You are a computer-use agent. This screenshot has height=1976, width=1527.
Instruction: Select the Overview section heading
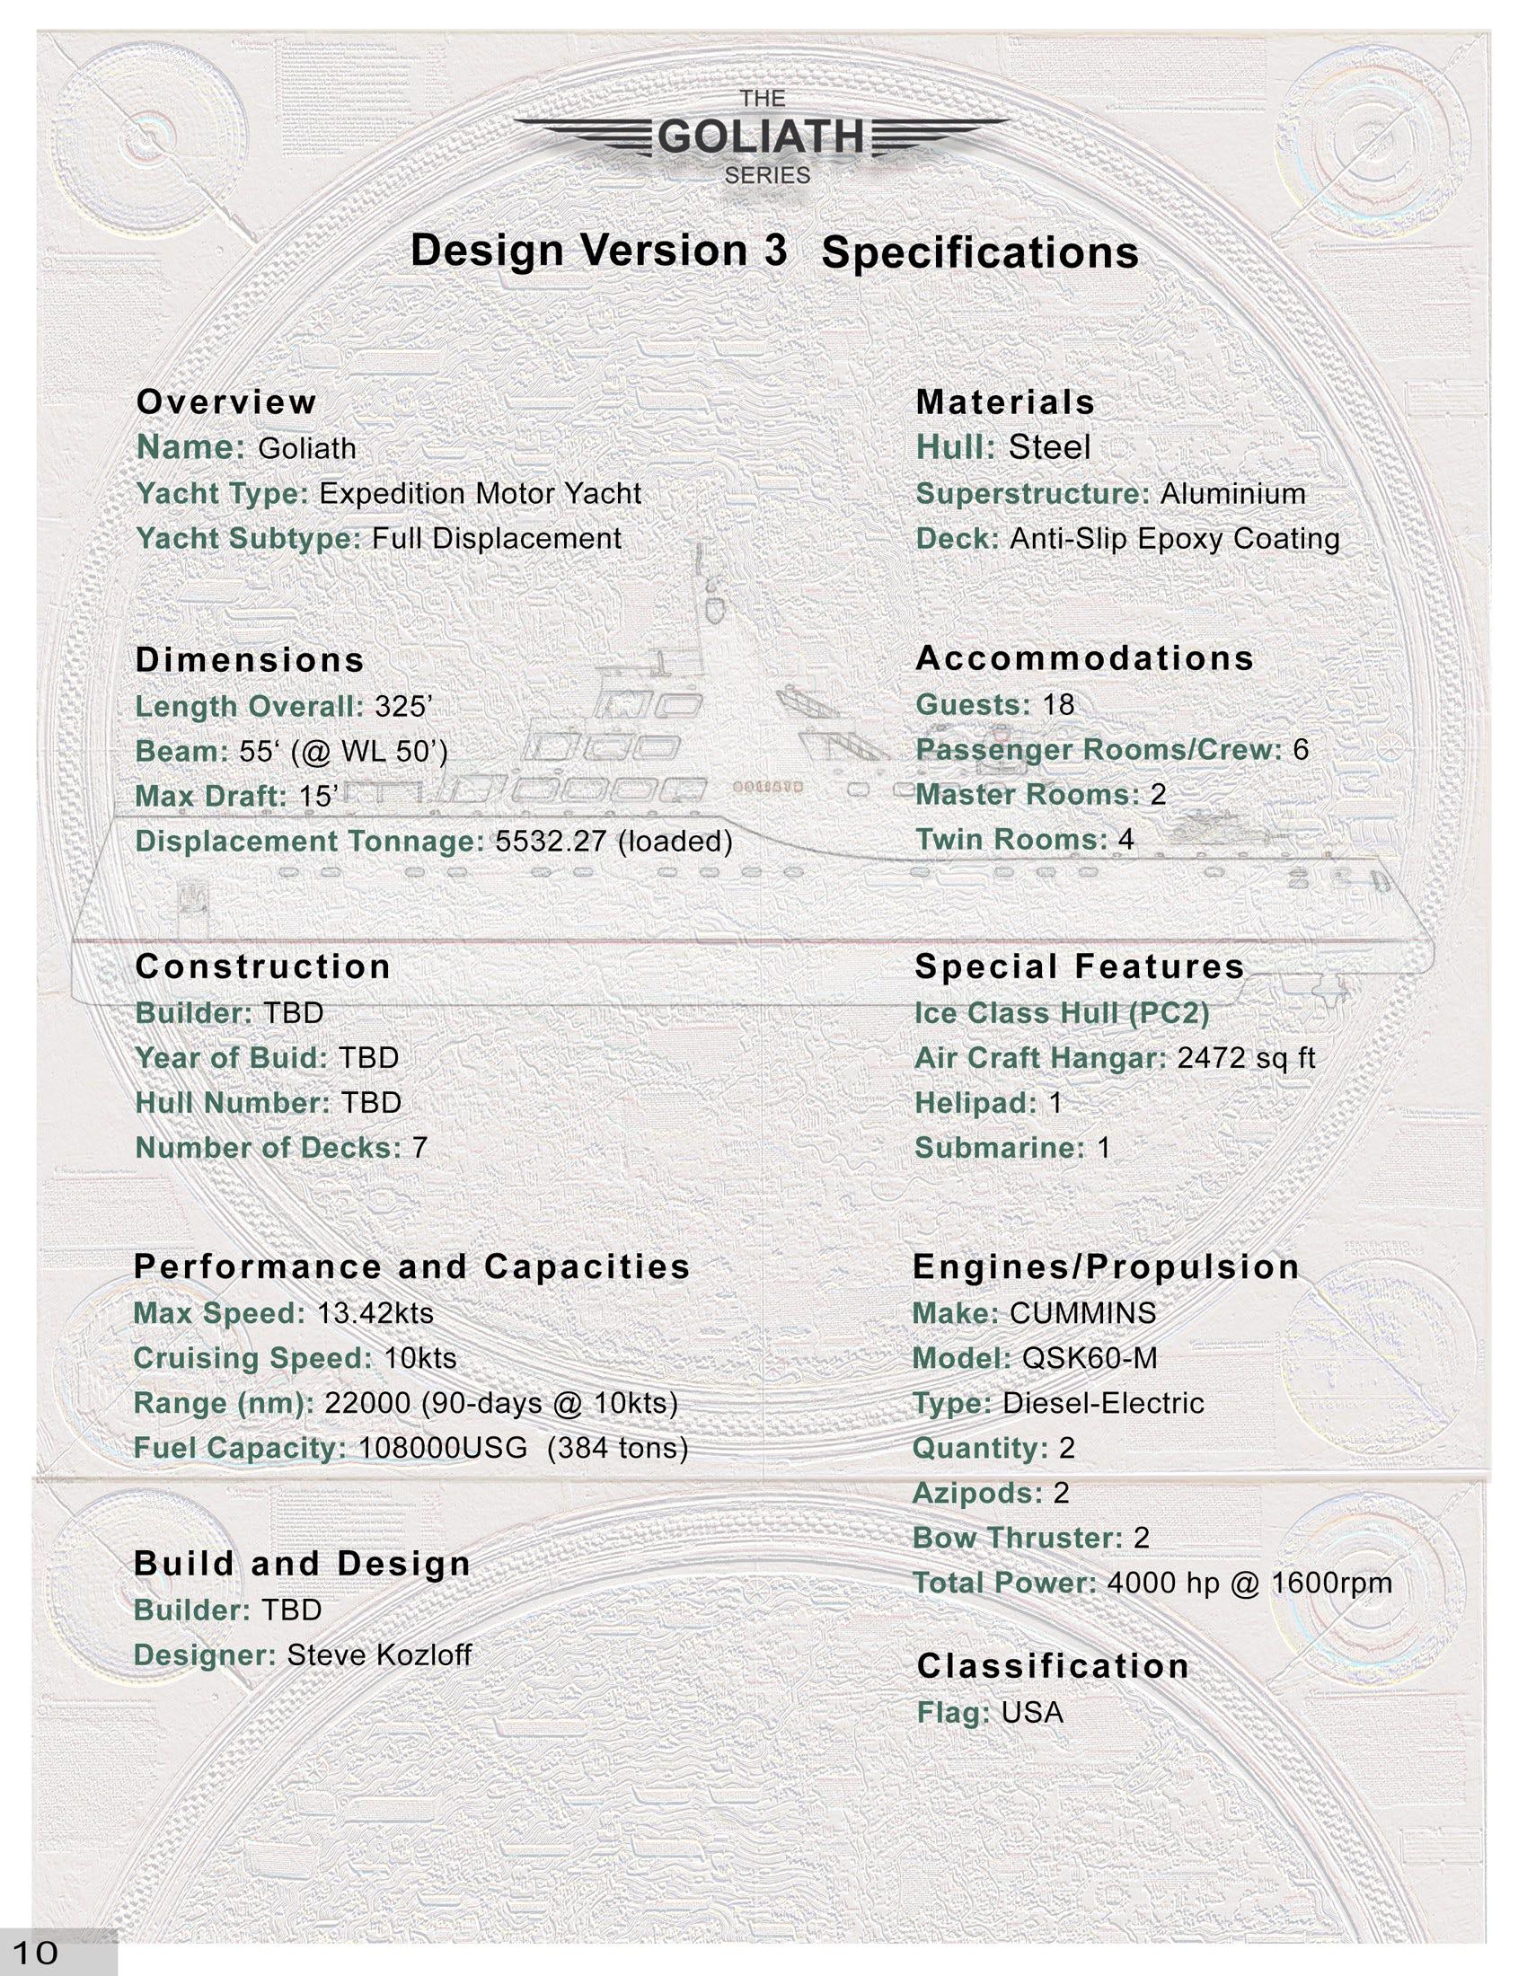pos(226,402)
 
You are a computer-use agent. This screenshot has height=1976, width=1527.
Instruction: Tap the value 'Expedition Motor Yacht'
pos(480,494)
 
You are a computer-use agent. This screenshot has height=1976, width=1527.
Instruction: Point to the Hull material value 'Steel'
pos(1049,448)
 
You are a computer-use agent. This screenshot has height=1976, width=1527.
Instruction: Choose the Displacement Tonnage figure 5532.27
pos(550,842)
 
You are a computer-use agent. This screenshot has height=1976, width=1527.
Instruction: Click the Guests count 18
pos(1058,705)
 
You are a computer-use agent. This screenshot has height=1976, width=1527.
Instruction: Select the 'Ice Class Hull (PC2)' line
pos(1061,1013)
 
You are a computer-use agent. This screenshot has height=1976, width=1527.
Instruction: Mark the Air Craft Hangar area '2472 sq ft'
pos(1246,1059)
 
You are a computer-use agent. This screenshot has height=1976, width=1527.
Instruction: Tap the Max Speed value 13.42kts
pos(375,1313)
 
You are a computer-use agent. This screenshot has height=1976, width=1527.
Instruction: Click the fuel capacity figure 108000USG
pos(442,1449)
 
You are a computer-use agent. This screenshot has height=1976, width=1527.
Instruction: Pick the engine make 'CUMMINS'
pos(1082,1314)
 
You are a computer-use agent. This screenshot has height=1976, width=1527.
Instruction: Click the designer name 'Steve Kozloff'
pos(379,1655)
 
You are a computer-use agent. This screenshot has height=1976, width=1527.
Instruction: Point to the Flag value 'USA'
pos(1032,1713)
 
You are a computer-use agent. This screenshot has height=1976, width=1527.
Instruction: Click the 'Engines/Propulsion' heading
pos(1106,1267)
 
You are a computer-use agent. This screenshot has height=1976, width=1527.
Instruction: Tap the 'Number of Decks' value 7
pos(419,1148)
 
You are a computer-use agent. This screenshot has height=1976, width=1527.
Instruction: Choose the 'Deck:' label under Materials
pos(958,539)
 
